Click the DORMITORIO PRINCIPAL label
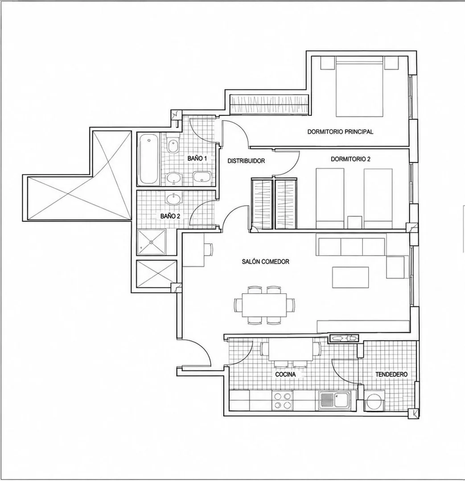[340, 132]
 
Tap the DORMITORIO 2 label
[350, 159]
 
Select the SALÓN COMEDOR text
[266, 262]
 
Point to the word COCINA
[285, 374]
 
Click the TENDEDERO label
[391, 374]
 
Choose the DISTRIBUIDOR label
[246, 161]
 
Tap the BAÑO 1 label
[197, 158]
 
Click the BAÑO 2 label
[170, 216]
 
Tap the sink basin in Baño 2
[173, 199]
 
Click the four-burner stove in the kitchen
[282, 400]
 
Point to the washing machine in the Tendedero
[374, 401]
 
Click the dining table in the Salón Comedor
[264, 305]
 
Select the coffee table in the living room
[350, 277]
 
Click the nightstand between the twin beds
[355, 222]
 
